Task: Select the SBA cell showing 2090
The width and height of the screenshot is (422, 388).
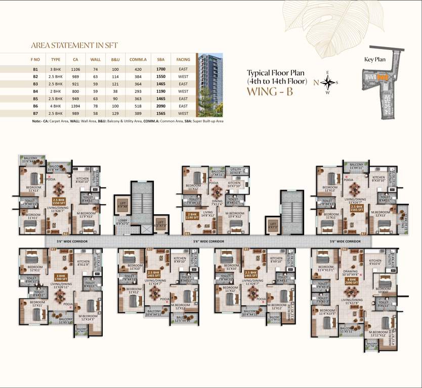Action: pyautogui.click(x=161, y=106)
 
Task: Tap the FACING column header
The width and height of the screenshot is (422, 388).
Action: pyautogui.click(x=183, y=59)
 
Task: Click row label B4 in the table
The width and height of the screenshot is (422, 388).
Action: pyautogui.click(x=35, y=91)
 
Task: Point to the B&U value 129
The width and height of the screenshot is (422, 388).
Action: pyautogui.click(x=115, y=114)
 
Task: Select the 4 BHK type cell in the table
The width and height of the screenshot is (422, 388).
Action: pyautogui.click(x=56, y=106)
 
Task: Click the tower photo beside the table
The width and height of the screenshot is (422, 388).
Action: pyautogui.click(x=209, y=84)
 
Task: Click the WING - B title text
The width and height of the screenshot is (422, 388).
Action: pyautogui.click(x=270, y=92)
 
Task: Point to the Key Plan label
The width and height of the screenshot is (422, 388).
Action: pyautogui.click(x=375, y=59)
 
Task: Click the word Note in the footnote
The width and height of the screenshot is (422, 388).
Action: pyautogui.click(x=36, y=121)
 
